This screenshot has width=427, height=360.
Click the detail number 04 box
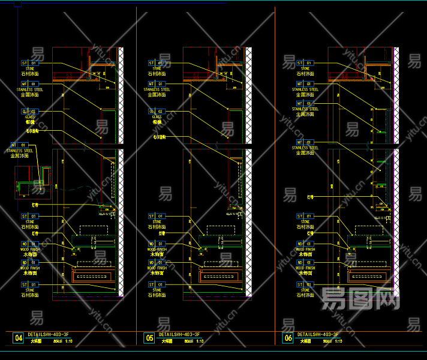19,338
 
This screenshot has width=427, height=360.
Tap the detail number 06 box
288,338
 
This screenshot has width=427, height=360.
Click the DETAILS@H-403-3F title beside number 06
318,334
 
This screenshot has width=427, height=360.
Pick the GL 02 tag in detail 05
157,112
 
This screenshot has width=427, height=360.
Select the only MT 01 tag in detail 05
157,84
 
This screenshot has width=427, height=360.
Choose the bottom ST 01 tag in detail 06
305,285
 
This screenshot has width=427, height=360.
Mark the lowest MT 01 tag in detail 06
305,142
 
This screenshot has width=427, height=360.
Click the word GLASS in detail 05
157,117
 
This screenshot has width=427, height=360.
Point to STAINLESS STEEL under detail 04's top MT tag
30,89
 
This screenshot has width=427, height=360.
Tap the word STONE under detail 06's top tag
305,69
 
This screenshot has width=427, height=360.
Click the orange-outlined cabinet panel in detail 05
219,277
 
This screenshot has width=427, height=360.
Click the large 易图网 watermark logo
360,298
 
